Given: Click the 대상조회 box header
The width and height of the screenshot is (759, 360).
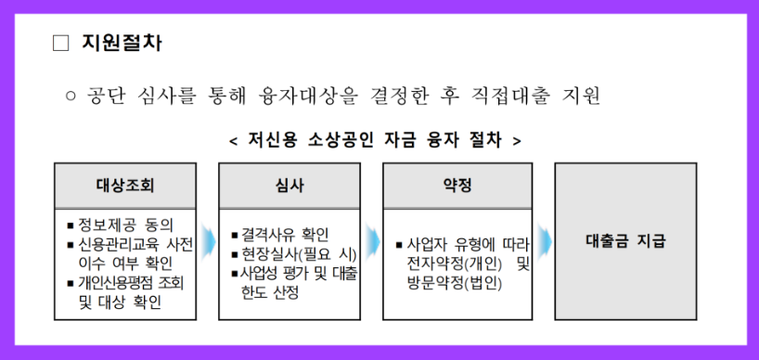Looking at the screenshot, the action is click(124, 184).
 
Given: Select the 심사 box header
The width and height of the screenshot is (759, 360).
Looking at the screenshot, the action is click(289, 184).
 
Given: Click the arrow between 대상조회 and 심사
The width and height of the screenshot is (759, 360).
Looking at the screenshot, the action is click(208, 239).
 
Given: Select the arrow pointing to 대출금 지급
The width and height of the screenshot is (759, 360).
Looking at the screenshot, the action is click(544, 239).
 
